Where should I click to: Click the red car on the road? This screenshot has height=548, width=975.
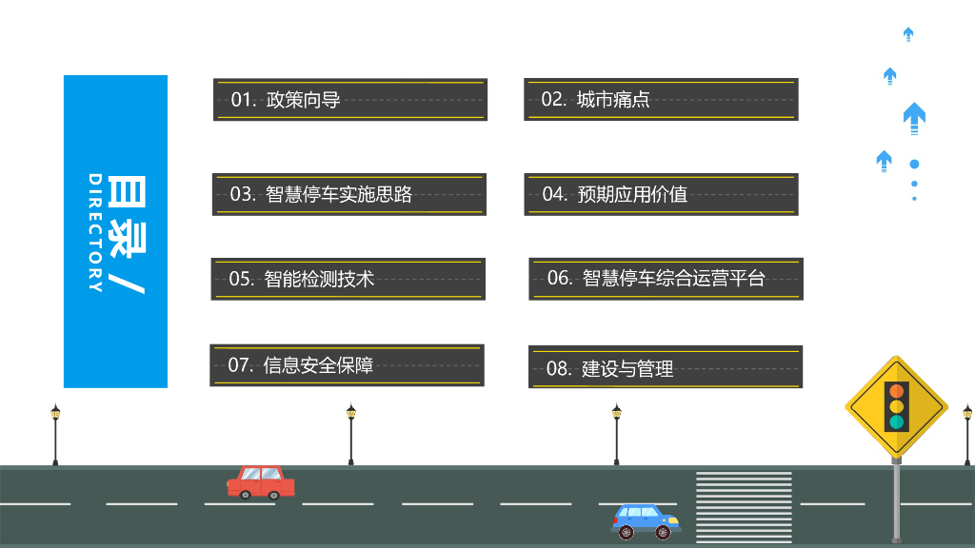[260, 481]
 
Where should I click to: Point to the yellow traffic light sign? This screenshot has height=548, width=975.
[896, 407]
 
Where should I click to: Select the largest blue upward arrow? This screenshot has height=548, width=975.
[914, 117]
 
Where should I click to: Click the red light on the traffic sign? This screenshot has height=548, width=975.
[896, 391]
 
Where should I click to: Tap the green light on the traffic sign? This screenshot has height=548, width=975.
[896, 421]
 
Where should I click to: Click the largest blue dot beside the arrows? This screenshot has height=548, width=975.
[914, 164]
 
